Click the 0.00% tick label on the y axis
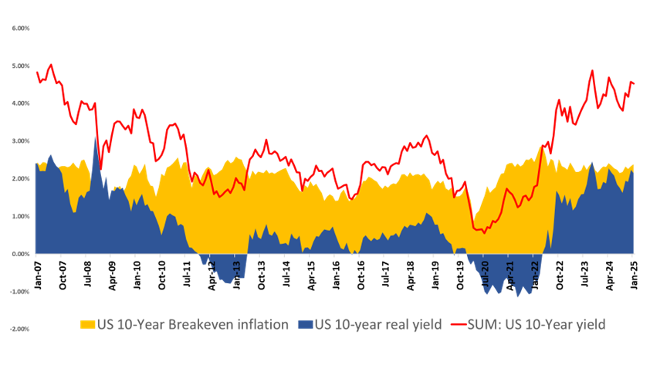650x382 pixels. click(x=21, y=253)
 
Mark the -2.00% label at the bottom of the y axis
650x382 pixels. click(x=21, y=329)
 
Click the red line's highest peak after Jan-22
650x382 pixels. click(x=592, y=70)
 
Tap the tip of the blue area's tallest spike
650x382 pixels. click(x=96, y=137)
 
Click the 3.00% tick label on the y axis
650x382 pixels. click(x=21, y=140)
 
